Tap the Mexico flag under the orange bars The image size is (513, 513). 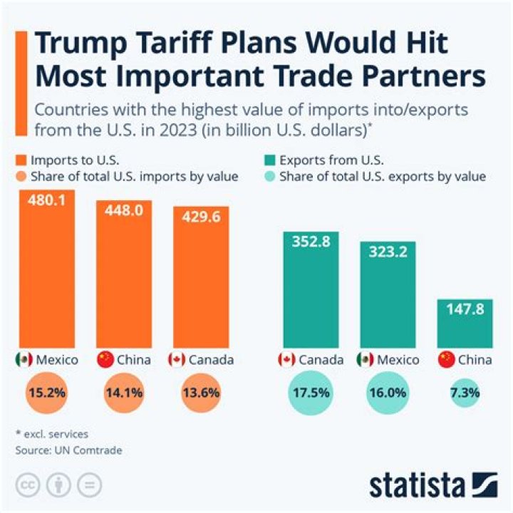[24, 360]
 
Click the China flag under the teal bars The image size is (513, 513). [447, 360]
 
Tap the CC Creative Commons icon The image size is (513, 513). [27, 484]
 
